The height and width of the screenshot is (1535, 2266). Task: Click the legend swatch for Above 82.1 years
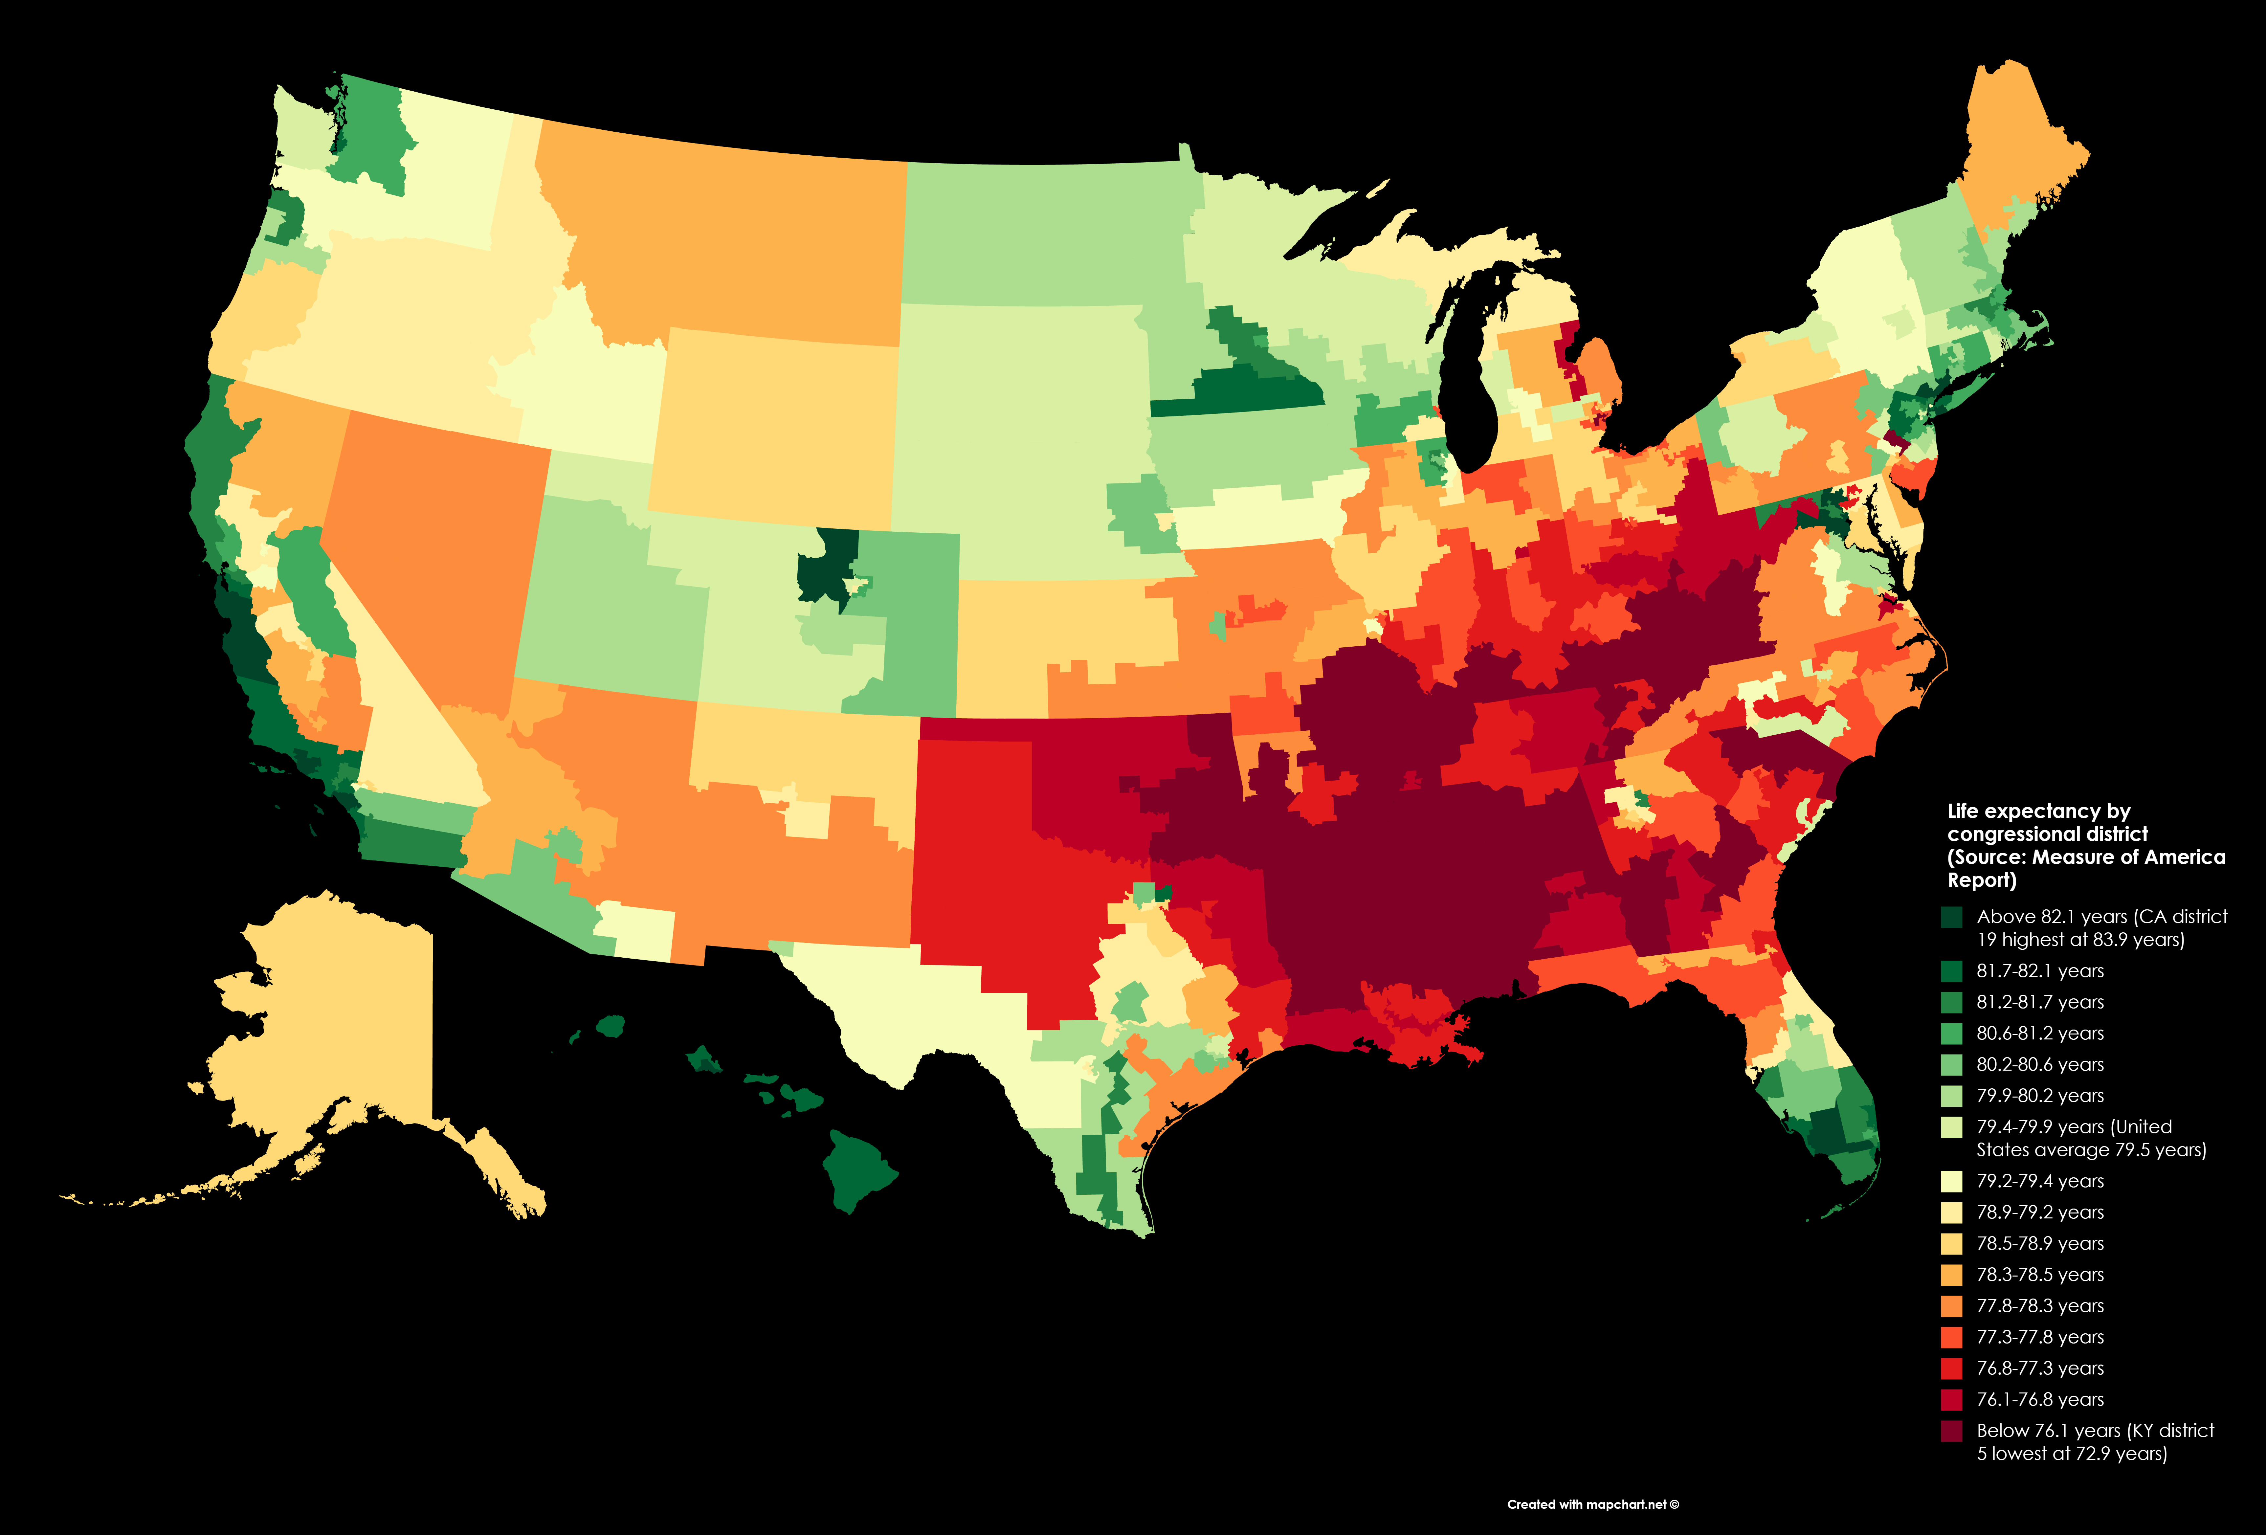[1951, 917]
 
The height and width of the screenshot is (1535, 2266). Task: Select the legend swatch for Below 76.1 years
[1951, 1431]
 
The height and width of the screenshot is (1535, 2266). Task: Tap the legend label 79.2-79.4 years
[2040, 1181]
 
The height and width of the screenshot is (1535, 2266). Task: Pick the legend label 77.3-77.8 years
[2040, 1337]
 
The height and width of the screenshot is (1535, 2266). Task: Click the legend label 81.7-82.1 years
[2040, 971]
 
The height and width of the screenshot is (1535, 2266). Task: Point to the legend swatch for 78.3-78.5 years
[1951, 1275]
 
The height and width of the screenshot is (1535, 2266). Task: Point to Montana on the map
[731, 234]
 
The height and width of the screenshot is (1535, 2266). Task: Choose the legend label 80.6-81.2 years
[2040, 1034]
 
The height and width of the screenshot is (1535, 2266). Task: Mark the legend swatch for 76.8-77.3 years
[1951, 1368]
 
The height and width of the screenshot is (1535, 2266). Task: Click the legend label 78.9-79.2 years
[2040, 1212]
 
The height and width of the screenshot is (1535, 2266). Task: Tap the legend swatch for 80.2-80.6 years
[1951, 1065]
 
